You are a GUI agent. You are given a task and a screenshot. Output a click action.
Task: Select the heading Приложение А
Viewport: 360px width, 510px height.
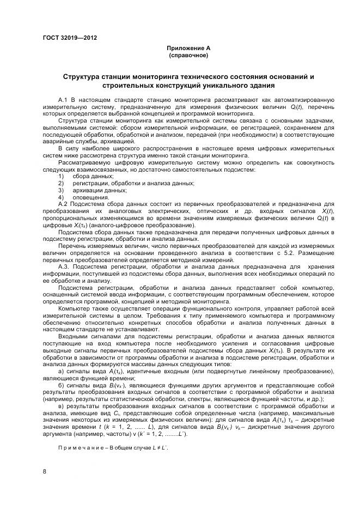point(188,48)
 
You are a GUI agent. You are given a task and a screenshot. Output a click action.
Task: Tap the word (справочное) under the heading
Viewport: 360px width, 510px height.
point(188,55)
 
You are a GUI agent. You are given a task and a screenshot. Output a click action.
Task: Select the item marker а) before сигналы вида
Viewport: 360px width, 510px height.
point(61,371)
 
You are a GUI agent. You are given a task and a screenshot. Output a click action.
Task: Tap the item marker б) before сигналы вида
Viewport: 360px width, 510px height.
point(61,385)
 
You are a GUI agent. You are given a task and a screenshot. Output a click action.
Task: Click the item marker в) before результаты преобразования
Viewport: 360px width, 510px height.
point(61,406)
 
